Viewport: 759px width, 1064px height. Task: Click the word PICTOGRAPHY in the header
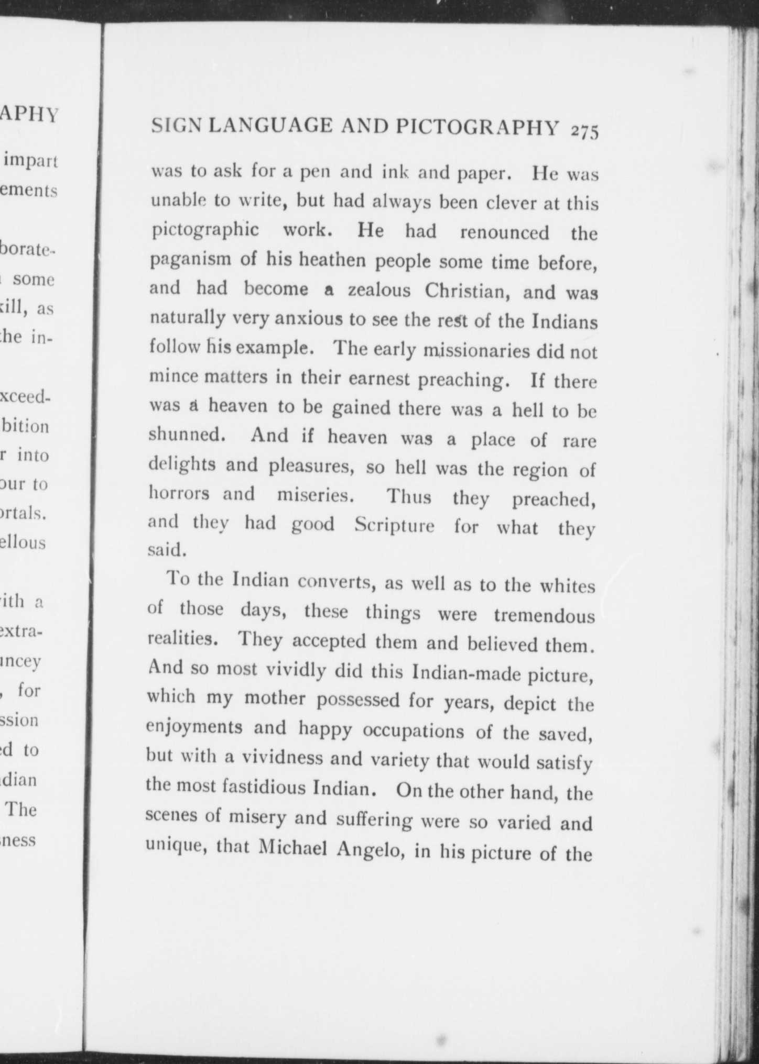[x=477, y=127]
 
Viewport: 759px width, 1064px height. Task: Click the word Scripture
[x=394, y=525]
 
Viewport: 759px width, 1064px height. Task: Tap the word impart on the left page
[x=30, y=160]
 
